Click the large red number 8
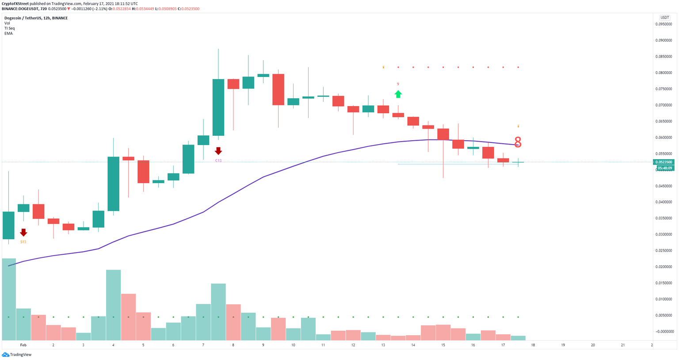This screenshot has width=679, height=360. tap(518, 142)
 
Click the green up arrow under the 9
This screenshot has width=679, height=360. tap(398, 94)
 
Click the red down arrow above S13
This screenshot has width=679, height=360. tap(23, 232)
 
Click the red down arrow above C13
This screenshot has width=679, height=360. tap(218, 151)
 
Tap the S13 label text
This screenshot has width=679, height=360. tap(23, 242)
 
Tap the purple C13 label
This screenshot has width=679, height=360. tap(218, 161)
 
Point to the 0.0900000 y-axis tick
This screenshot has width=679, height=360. tap(663, 40)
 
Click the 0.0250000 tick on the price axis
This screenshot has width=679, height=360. tap(663, 251)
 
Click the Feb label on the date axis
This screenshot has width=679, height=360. tap(23, 345)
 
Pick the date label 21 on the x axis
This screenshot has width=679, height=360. tap(622, 345)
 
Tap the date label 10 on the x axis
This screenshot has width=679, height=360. tap(293, 345)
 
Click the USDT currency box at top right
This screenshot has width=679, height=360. tap(664, 18)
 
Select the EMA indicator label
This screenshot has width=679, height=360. tap(8, 34)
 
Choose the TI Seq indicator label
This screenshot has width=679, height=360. tap(9, 28)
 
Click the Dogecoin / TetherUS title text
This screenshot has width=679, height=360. tap(36, 18)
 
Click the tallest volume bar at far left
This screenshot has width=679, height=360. tap(9, 299)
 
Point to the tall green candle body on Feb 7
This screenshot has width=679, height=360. tap(218, 107)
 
